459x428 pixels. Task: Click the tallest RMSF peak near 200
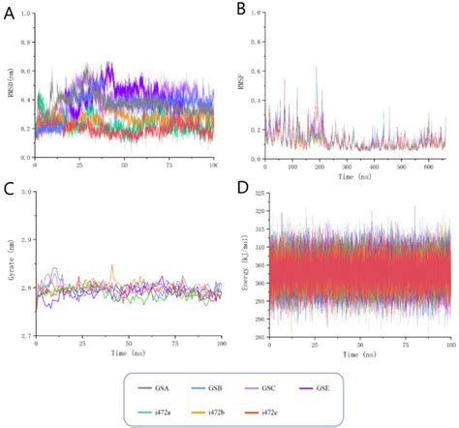tap(316, 67)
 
